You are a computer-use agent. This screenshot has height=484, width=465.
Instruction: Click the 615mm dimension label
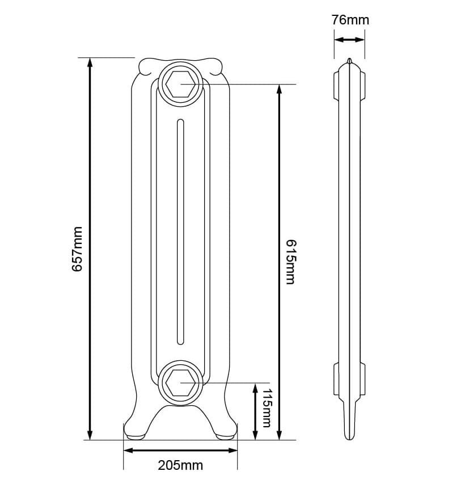[x=290, y=262]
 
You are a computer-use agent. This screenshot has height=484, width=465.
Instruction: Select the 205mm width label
[x=180, y=465]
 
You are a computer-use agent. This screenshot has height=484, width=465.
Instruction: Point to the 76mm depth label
[x=350, y=20]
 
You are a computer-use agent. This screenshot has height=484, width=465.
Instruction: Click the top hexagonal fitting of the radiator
[x=180, y=85]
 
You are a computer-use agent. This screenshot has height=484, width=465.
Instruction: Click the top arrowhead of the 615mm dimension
[x=278, y=90]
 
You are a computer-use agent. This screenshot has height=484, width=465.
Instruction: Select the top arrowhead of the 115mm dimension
[x=255, y=388]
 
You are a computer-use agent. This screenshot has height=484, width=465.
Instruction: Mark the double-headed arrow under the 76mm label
[x=349, y=40]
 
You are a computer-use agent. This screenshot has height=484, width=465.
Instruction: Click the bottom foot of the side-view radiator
[x=349, y=431]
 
